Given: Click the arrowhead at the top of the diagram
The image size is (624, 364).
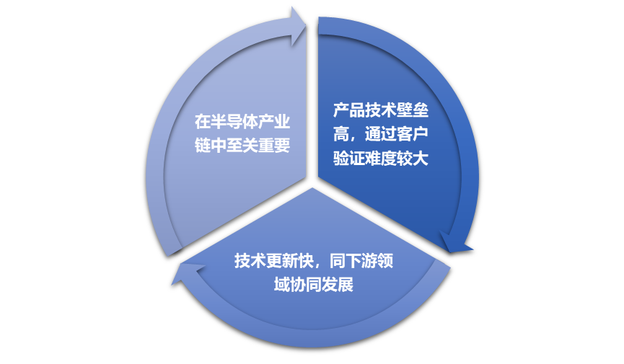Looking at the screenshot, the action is click(299, 26).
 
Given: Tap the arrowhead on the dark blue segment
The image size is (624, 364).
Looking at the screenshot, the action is click(456, 242).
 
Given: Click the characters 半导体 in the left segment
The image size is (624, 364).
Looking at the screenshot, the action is click(234, 122).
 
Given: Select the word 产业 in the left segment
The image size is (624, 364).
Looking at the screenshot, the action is click(274, 122).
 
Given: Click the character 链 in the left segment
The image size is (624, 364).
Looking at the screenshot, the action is click(203, 146).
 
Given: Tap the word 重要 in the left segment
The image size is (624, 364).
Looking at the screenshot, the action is click(274, 146).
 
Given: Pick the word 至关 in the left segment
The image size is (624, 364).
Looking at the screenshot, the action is click(242, 146).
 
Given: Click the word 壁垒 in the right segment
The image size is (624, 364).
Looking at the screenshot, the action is click(413, 110).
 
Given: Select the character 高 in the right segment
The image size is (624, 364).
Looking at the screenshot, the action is click(341, 135).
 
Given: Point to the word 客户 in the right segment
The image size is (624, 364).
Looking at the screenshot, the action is click(413, 135).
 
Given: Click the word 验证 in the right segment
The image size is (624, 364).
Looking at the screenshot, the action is click(349, 159).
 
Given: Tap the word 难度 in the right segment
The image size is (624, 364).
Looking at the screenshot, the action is click(381, 159).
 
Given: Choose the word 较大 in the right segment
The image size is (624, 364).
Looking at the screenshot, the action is click(413, 159).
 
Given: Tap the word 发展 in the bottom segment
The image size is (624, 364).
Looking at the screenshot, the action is click(338, 285).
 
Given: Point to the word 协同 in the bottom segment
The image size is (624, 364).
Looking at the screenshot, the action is click(306, 285).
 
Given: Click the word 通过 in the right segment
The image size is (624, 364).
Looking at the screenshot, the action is click(381, 135).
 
